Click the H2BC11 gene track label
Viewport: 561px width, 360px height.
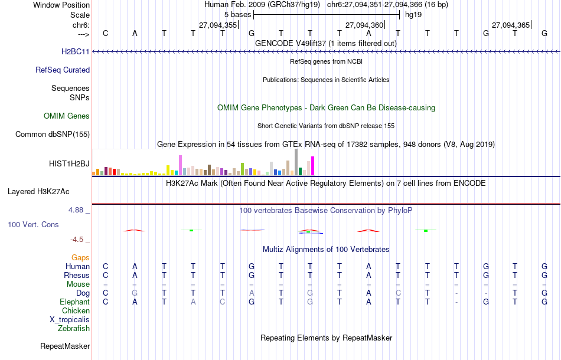75,52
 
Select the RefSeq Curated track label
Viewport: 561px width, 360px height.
63,70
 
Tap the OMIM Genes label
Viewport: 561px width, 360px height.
67,116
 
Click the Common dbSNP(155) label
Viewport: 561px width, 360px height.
53,135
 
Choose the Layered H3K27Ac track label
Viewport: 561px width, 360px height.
38,191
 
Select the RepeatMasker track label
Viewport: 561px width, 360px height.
65,346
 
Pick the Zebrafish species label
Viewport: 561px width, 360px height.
74,328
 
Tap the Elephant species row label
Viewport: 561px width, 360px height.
75,302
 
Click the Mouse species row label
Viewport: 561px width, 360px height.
79,284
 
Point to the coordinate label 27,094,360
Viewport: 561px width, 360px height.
364,25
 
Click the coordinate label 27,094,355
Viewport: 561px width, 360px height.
218,25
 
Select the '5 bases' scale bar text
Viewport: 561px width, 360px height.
237,14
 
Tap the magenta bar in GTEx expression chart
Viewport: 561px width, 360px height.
312,166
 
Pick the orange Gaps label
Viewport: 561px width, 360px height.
80,257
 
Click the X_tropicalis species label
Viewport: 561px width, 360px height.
70,319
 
